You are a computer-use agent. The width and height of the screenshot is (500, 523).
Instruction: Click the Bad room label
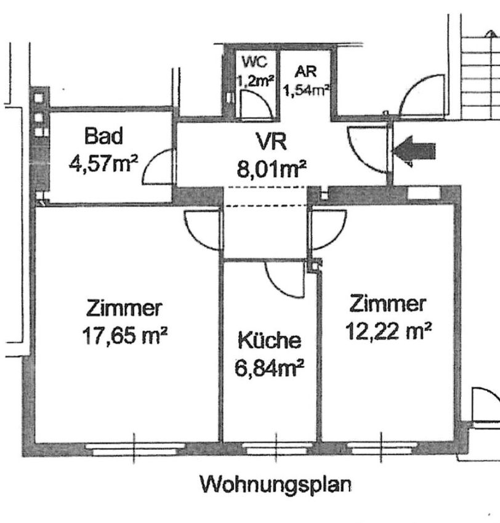click(103, 136)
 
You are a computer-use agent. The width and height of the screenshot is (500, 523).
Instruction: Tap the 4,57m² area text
click(103, 164)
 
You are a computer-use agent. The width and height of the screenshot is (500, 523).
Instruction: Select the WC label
click(255, 62)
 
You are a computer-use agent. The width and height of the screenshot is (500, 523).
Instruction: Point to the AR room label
click(305, 72)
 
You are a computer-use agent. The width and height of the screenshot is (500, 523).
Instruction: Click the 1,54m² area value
click(307, 90)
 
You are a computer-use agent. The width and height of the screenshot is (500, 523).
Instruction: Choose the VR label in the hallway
click(271, 142)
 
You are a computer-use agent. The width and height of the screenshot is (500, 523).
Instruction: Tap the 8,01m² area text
click(272, 169)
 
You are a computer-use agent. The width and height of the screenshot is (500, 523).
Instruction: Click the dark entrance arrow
click(414, 151)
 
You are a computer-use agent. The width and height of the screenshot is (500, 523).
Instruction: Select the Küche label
click(269, 340)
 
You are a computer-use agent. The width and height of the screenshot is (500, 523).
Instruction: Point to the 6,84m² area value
click(269, 368)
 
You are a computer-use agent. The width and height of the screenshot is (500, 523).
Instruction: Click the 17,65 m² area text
click(124, 335)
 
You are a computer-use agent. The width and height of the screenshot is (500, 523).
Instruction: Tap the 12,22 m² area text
click(388, 331)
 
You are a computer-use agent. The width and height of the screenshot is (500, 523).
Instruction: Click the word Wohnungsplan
click(275, 485)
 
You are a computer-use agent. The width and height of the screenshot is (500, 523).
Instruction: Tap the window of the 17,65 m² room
click(134, 449)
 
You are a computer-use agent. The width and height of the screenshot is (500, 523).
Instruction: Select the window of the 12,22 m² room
click(382, 449)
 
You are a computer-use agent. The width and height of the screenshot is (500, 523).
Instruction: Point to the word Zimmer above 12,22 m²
click(387, 303)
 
